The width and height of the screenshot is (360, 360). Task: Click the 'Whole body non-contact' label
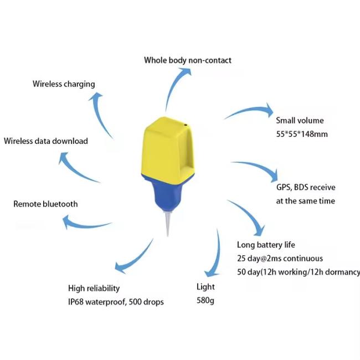pyautogui.click(x=188, y=60)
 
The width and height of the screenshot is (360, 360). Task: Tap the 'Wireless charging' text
pyautogui.click(x=64, y=84)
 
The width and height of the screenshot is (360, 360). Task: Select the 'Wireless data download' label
pyautogui.click(x=46, y=141)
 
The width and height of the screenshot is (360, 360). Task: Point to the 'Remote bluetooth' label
pyautogui.click(x=45, y=204)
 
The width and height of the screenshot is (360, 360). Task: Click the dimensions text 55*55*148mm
pyautogui.click(x=302, y=134)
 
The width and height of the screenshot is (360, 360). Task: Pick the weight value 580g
pyautogui.click(x=205, y=301)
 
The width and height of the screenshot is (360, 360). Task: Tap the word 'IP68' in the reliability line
pyautogui.click(x=76, y=302)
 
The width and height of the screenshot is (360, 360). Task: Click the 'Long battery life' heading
pyautogui.click(x=266, y=245)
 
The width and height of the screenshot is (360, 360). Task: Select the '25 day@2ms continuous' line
pyautogui.click(x=280, y=258)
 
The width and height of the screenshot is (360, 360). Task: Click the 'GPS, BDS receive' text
pyautogui.click(x=306, y=187)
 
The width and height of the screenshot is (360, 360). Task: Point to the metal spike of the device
pyautogui.click(x=168, y=224)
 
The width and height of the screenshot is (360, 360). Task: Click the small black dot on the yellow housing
pyautogui.click(x=186, y=125)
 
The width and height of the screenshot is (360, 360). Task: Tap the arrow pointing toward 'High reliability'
pyautogui.click(x=136, y=259)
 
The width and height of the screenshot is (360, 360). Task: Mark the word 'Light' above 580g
pyautogui.click(x=205, y=287)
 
